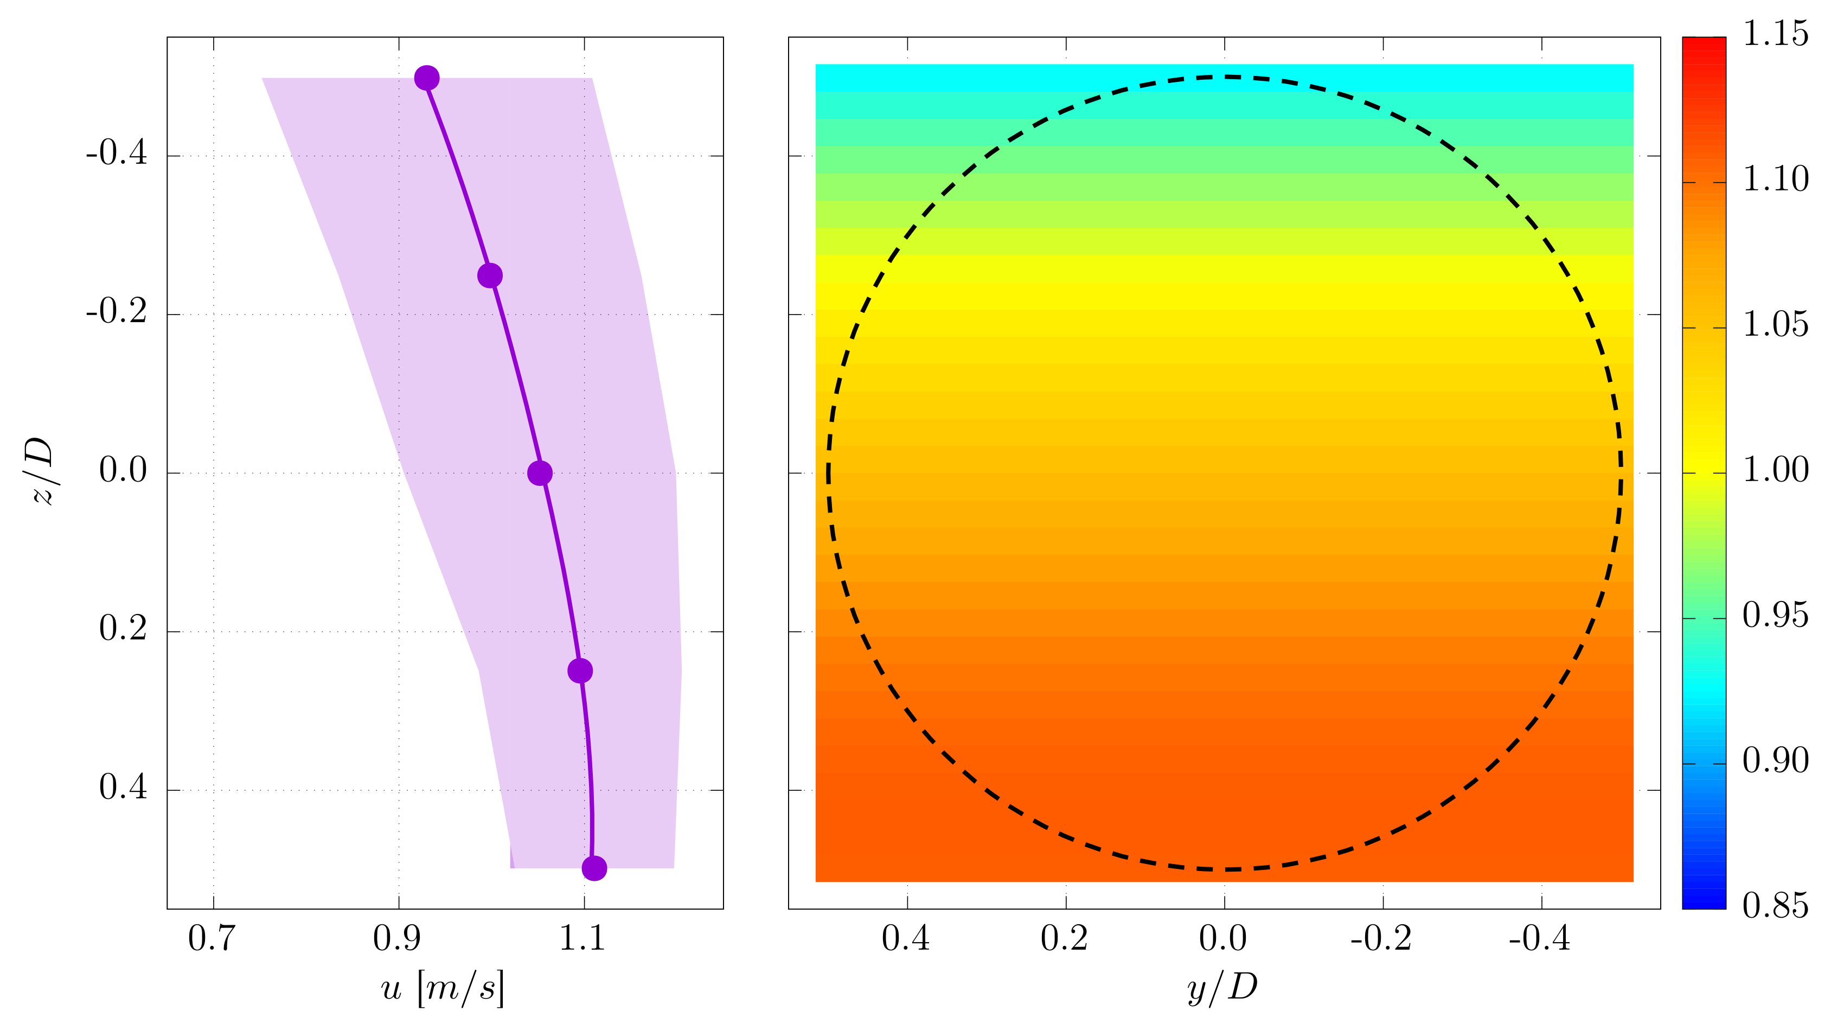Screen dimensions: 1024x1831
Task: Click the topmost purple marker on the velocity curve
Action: [426, 78]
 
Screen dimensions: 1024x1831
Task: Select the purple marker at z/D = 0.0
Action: [540, 472]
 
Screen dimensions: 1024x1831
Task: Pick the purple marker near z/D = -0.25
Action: [490, 275]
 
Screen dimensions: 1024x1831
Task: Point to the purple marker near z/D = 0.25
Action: [580, 670]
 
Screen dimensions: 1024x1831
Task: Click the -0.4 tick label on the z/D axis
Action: [117, 153]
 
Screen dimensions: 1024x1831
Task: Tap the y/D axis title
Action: [1222, 987]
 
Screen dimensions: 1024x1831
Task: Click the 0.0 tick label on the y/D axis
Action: [1222, 938]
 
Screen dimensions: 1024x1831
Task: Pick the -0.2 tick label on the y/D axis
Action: [1380, 938]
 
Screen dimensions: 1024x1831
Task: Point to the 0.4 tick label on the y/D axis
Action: [906, 938]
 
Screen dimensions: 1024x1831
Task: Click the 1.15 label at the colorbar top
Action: [1775, 34]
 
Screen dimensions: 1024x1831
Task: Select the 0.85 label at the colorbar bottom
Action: [1775, 906]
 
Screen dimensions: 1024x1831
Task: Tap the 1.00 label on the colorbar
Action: [1775, 470]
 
